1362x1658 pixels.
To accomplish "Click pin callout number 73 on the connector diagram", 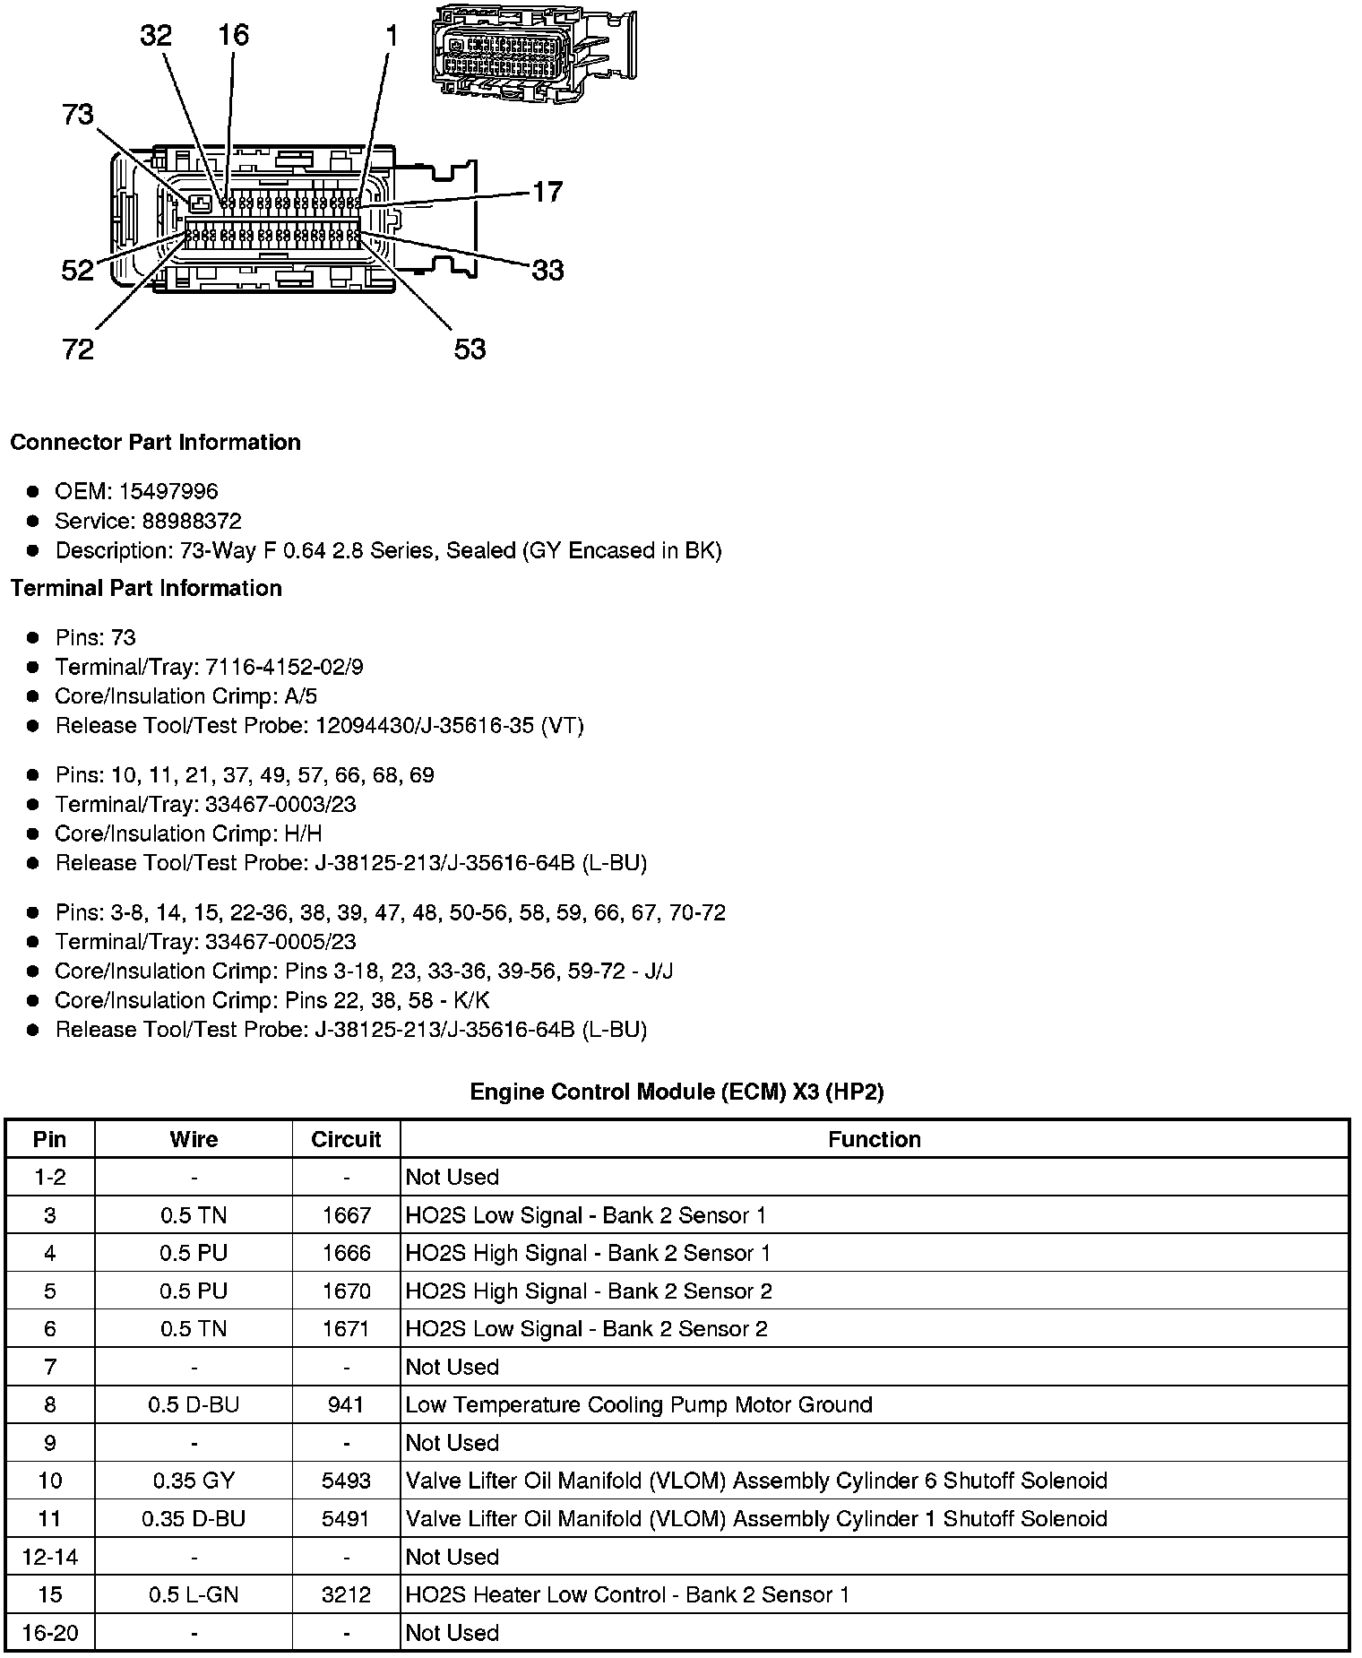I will [78, 116].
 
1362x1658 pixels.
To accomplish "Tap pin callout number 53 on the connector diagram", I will [470, 349].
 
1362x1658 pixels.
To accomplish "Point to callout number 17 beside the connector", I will [547, 192].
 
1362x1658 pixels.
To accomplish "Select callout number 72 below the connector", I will [78, 349].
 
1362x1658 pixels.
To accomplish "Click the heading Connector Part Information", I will [156, 443].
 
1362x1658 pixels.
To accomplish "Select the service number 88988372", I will [192, 521].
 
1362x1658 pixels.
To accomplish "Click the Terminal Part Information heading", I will [146, 588].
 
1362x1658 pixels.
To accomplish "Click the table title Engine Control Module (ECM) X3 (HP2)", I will [677, 1092].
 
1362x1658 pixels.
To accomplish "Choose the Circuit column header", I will [346, 1139].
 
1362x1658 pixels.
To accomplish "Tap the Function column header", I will [874, 1139].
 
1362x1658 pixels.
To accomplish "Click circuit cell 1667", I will [346, 1215].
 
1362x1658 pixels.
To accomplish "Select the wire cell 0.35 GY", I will [194, 1481].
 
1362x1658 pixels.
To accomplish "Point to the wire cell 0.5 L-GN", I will [194, 1594].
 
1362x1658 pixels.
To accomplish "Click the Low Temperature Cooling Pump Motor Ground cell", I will [638, 1404].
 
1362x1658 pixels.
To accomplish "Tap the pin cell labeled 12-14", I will [50, 1557].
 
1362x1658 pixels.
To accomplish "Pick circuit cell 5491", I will [346, 1519].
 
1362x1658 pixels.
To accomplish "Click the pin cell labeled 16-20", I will [50, 1633].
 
